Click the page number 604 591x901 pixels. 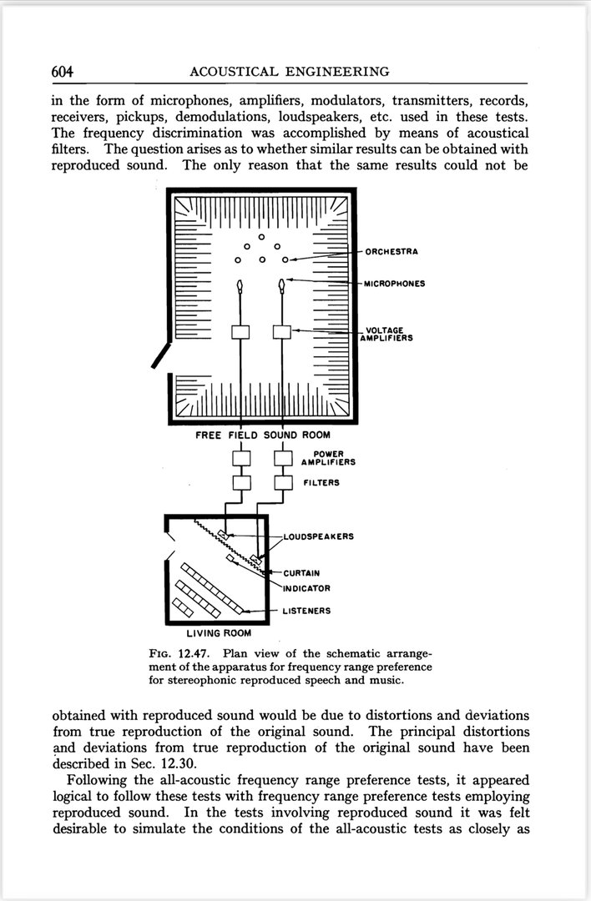tap(63, 71)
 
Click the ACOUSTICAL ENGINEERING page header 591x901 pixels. tap(290, 71)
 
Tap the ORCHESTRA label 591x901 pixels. tap(391, 251)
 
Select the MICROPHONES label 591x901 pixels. tap(395, 284)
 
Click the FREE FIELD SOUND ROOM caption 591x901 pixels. tap(262, 435)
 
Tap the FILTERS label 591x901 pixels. tap(321, 483)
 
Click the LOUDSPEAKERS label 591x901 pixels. tap(318, 536)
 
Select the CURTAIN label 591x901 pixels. tap(301, 573)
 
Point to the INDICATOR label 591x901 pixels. tap(306, 588)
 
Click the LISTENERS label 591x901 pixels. tap(306, 611)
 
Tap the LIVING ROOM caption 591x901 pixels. tap(219, 633)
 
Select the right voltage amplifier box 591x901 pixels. tap(282, 332)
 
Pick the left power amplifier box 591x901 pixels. tap(241, 457)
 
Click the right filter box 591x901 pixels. tap(284, 482)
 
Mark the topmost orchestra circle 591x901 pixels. tap(261, 237)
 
